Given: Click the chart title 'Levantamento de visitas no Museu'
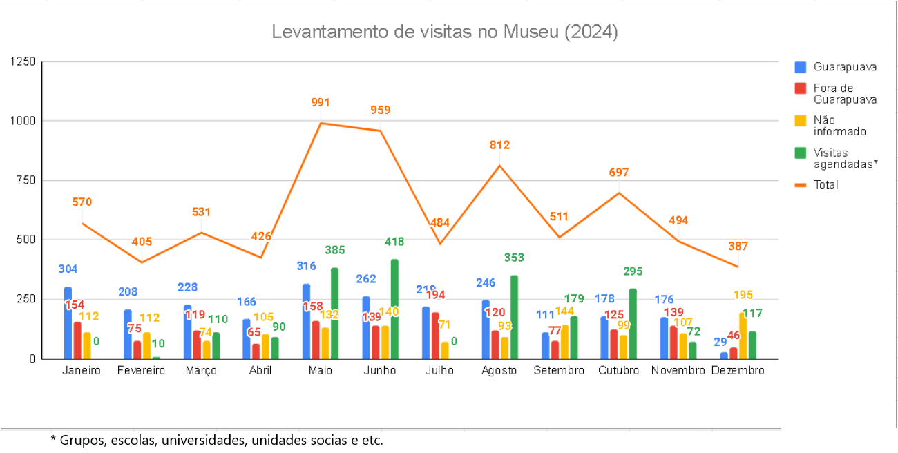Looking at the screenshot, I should coord(444,32).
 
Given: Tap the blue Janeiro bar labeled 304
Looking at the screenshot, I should coord(68,322).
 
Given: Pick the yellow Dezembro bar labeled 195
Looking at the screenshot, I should coord(743,336).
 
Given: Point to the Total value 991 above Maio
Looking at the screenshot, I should coord(321,103).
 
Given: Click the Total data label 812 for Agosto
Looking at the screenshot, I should coord(499,145).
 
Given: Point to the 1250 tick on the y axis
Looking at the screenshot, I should coord(22,61).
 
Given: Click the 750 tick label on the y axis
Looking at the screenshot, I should coord(25,180).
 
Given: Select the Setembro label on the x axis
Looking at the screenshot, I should coord(559,370).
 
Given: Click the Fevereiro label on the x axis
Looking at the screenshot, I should coord(141,370).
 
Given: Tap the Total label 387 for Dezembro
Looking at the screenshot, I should coord(737,246).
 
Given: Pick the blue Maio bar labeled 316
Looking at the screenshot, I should coord(306,321).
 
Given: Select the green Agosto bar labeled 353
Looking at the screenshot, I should coord(514,317).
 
